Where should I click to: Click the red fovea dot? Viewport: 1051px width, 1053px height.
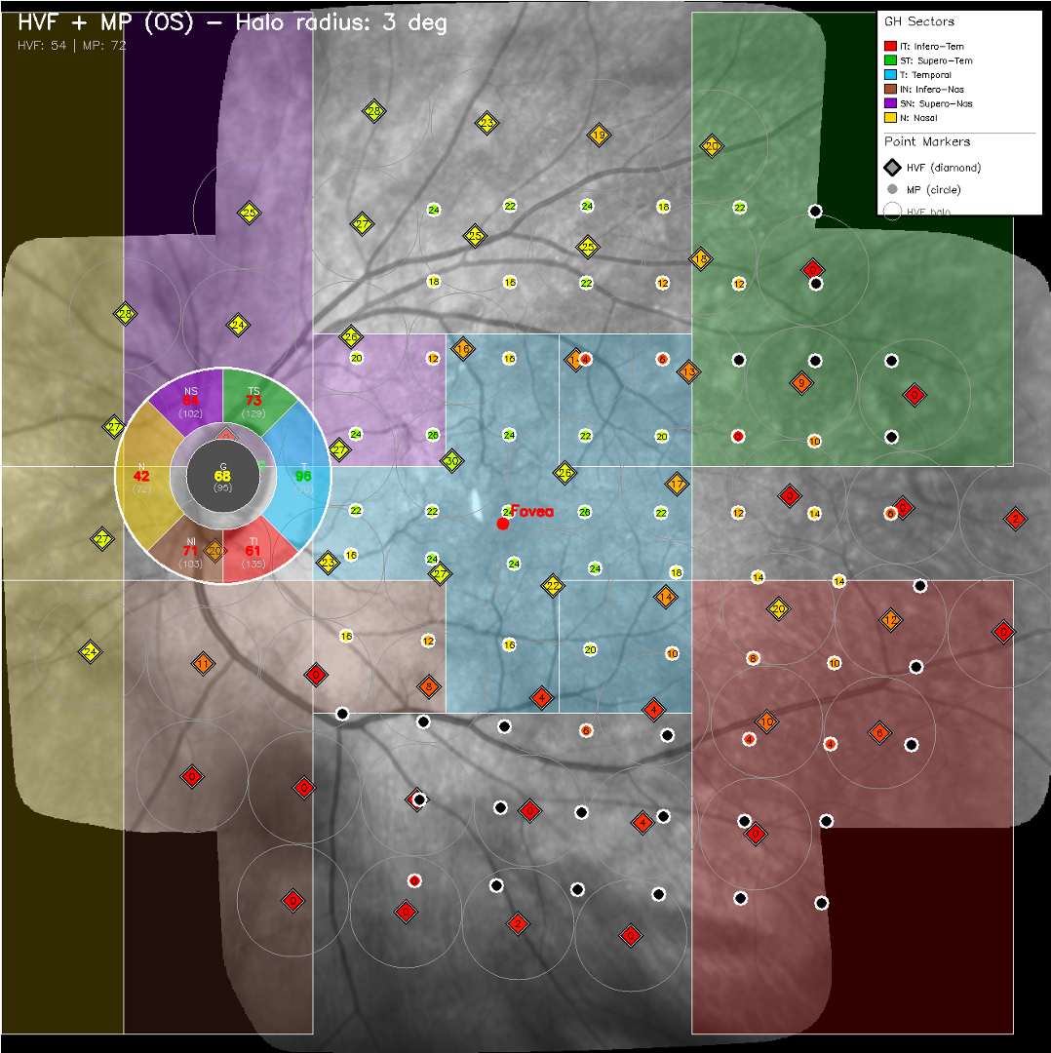point(503,524)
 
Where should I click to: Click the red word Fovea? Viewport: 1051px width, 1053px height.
point(532,511)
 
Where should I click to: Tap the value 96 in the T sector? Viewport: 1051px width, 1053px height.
point(303,476)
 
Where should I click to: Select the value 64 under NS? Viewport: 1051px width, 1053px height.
point(190,401)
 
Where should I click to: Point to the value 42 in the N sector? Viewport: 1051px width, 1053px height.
point(142,476)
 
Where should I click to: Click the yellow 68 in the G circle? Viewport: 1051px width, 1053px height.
point(223,475)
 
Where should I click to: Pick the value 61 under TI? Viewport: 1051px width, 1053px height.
point(253,551)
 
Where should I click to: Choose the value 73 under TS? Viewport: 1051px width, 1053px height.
point(253,401)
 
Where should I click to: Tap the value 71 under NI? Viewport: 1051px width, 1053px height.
point(190,551)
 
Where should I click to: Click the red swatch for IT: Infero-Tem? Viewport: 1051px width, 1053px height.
point(889,46)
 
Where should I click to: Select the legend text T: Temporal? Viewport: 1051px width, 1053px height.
point(925,75)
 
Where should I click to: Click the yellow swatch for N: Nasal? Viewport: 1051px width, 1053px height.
point(889,117)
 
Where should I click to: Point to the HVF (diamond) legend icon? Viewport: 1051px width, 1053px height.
point(891,168)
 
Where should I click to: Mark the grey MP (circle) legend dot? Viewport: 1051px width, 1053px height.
point(891,189)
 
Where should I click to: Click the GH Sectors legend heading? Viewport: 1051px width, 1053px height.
point(919,21)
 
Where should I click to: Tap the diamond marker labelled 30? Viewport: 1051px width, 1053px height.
point(451,460)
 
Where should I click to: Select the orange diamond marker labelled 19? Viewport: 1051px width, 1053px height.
point(599,135)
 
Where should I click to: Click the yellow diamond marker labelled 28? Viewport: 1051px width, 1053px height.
point(374,111)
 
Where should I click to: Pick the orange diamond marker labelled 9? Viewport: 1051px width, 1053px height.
point(801,382)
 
